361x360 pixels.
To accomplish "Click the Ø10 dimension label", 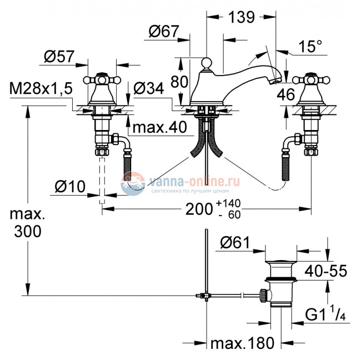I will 71,188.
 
